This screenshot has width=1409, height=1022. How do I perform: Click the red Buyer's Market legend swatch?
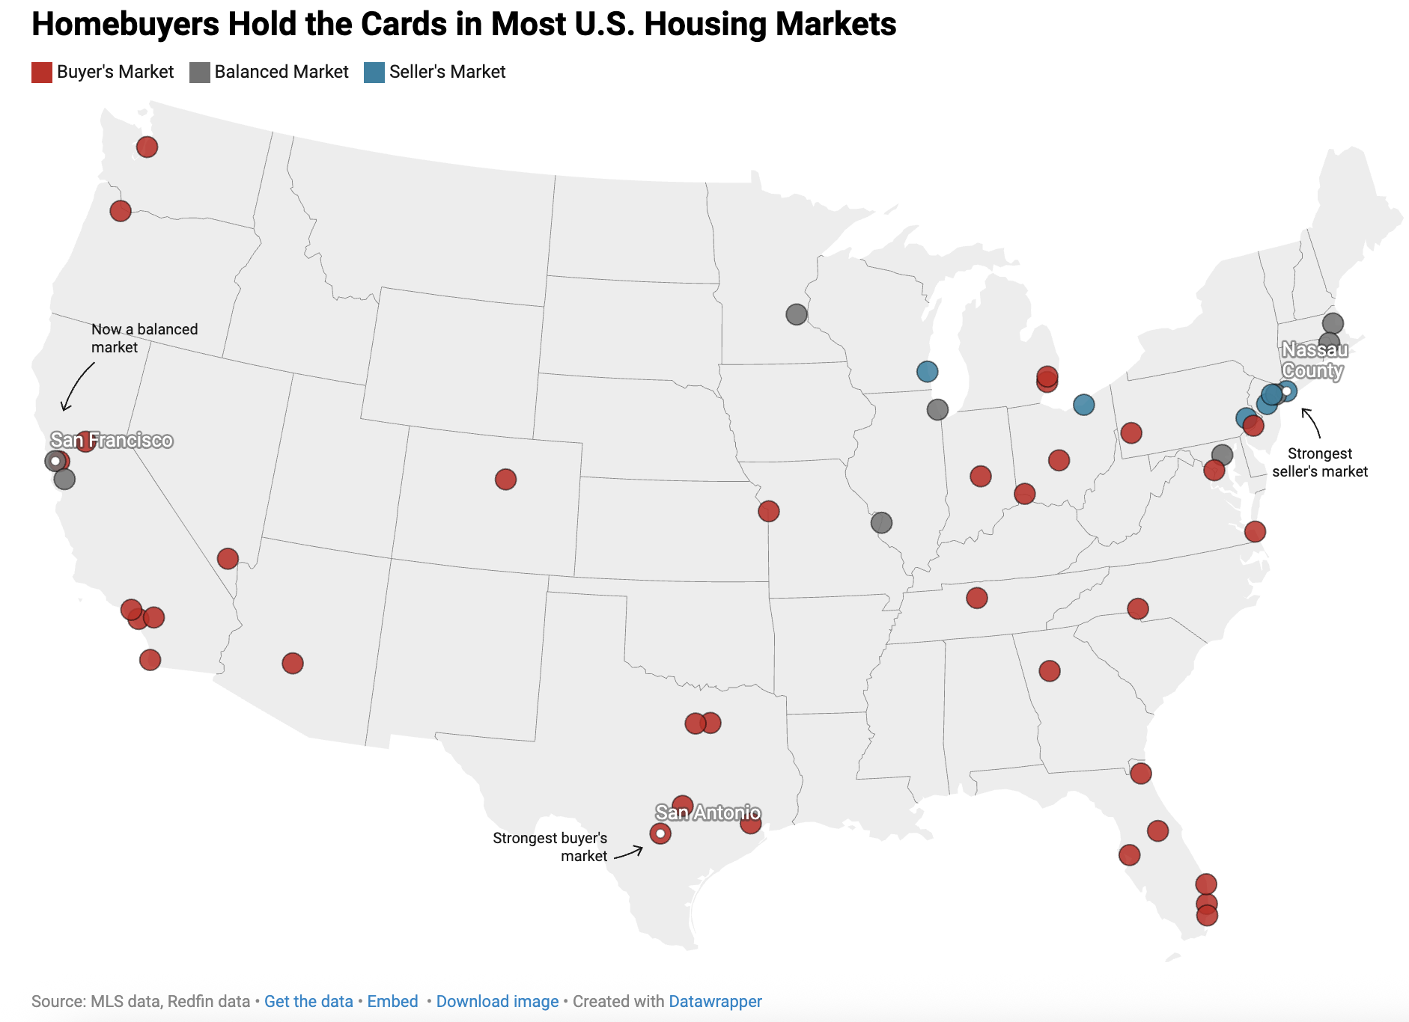click(x=42, y=73)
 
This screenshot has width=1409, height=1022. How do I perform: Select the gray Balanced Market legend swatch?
click(x=199, y=73)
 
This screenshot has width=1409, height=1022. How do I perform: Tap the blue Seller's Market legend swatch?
click(x=374, y=73)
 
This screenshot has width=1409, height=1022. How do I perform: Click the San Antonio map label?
click(x=707, y=813)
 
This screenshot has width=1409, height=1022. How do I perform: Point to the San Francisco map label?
click(x=112, y=440)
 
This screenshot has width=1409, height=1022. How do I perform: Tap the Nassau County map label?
click(x=1314, y=360)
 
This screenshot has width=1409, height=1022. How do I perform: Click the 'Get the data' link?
click(x=308, y=1001)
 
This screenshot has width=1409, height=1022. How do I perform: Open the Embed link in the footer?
click(x=392, y=1001)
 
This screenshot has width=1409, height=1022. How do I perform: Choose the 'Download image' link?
click(x=497, y=1001)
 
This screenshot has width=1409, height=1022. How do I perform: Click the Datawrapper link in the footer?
click(x=715, y=1001)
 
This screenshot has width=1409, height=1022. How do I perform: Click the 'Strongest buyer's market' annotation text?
click(x=550, y=847)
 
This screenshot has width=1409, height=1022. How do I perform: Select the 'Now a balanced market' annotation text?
click(x=144, y=338)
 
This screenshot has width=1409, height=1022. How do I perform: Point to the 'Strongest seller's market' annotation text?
click(x=1319, y=462)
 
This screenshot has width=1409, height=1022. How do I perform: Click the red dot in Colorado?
click(x=505, y=479)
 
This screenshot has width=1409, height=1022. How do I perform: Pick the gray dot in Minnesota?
click(x=797, y=314)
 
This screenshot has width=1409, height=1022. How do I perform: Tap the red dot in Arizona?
click(x=293, y=663)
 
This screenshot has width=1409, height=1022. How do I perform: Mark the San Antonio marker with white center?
click(x=660, y=833)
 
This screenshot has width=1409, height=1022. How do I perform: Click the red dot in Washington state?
click(x=147, y=147)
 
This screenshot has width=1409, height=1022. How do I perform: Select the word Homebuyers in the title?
click(x=125, y=24)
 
